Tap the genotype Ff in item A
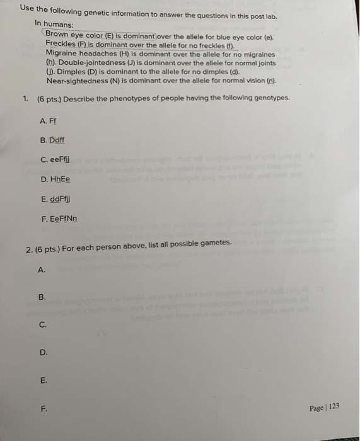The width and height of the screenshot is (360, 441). coord(61,120)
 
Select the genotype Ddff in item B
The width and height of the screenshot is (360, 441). coord(65,140)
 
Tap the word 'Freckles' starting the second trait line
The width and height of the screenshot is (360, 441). coord(61,44)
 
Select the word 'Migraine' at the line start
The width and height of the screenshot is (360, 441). coord(62,54)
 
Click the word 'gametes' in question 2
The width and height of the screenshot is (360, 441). coord(216,243)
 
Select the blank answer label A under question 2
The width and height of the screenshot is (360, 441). coord(42,270)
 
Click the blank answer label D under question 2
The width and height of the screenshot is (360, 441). coord(44,353)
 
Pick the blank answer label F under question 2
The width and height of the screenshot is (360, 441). coord(44,408)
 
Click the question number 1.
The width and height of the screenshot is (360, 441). coord(25,98)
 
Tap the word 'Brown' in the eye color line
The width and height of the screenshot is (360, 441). coord(57,34)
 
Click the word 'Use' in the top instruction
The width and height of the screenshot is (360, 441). coord(26,8)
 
